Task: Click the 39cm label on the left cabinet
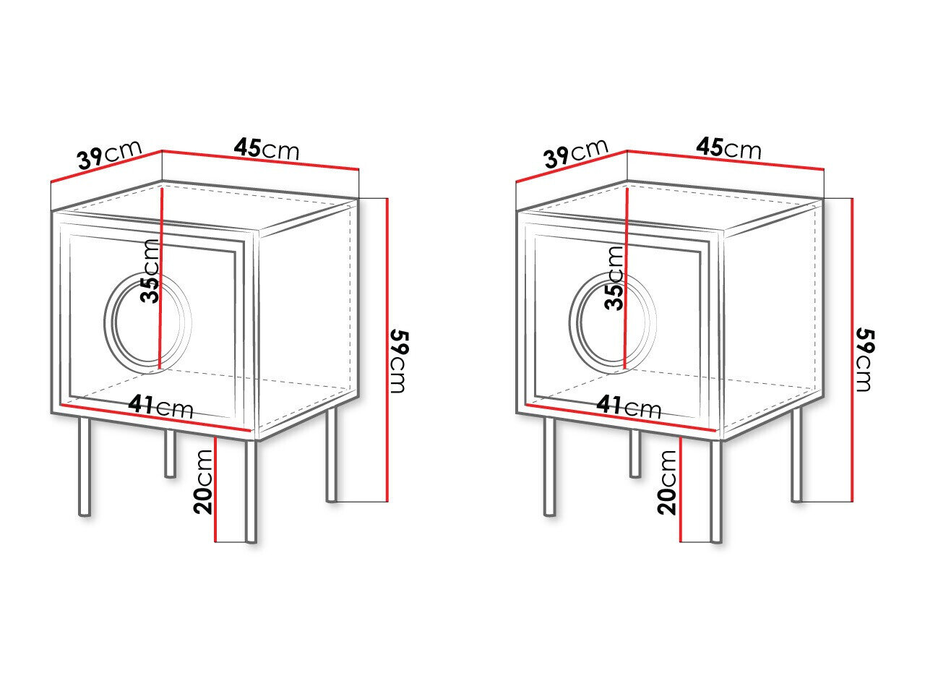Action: (110, 154)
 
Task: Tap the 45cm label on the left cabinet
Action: (267, 148)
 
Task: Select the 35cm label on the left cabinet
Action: (150, 271)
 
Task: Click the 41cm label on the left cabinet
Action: (161, 406)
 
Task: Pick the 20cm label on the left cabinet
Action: (203, 482)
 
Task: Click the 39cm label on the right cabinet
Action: (576, 153)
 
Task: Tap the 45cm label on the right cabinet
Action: (729, 148)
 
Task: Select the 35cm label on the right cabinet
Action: (614, 278)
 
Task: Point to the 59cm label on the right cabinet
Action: (865, 360)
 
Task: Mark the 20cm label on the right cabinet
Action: (667, 482)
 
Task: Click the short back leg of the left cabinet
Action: (170, 454)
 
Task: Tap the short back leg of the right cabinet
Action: (635, 454)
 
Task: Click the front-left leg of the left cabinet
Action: (85, 467)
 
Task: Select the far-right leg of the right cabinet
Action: (796, 455)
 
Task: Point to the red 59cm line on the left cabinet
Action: (387, 350)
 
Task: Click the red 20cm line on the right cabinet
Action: (680, 489)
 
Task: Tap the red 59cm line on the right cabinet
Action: (852, 350)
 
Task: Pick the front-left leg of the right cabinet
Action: (549, 467)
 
